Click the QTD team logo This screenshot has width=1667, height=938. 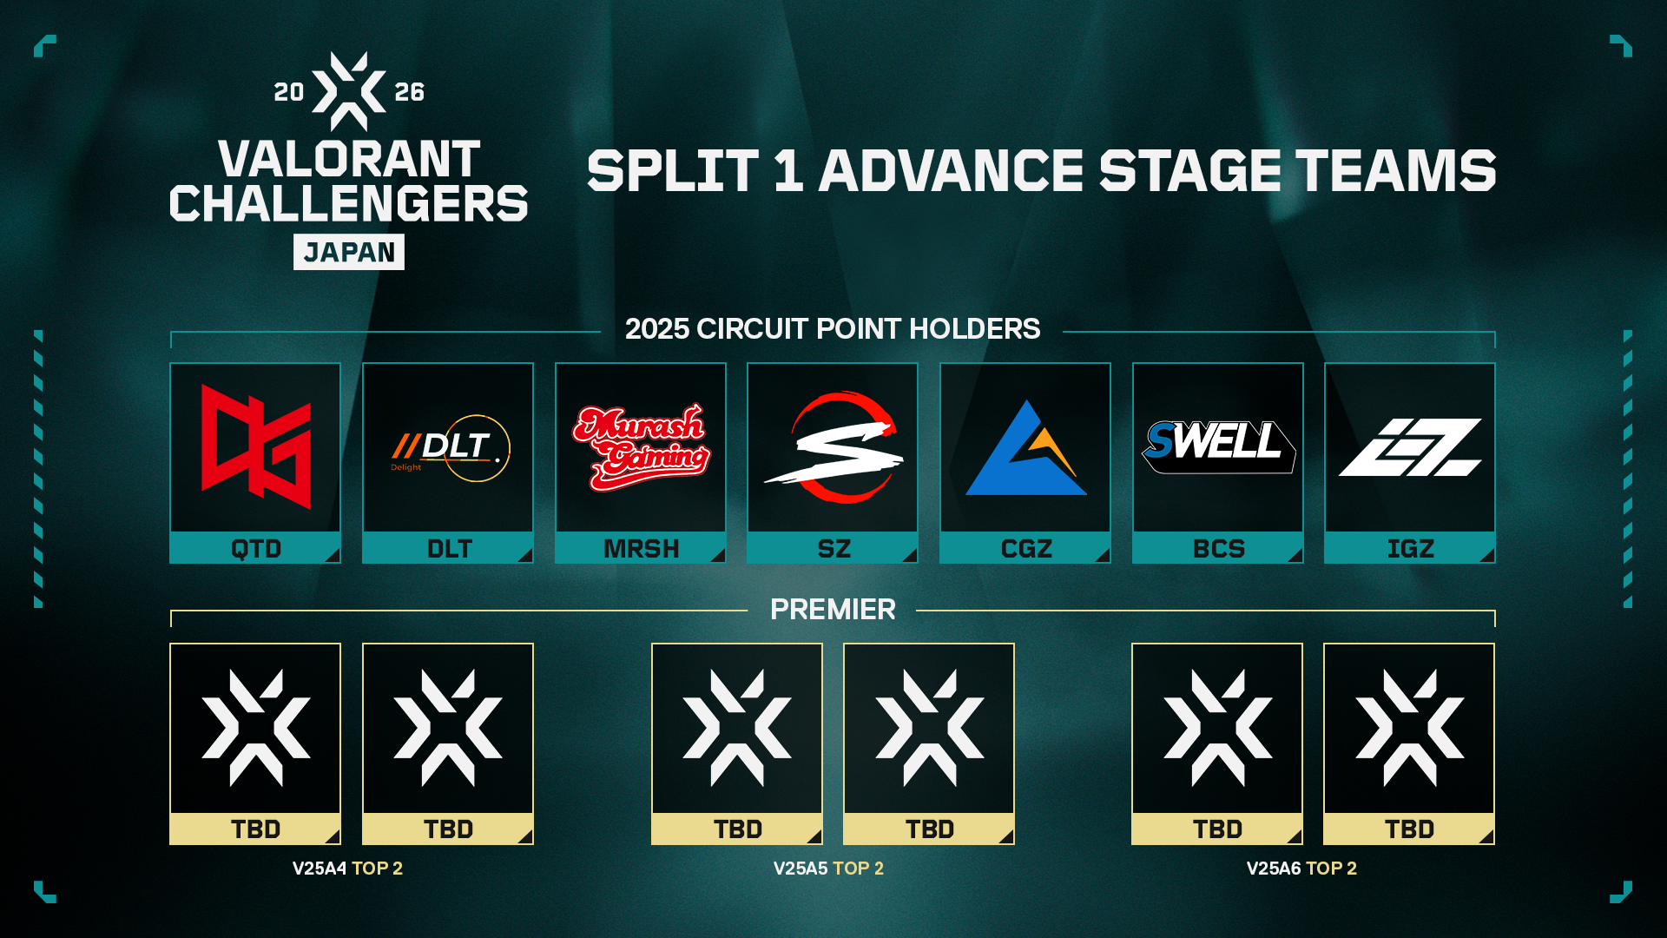256,446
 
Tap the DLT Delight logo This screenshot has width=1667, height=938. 450,448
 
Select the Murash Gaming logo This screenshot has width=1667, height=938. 641,446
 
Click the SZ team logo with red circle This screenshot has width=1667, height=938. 833,447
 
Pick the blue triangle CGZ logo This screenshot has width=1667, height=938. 1025,448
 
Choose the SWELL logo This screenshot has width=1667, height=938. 1218,446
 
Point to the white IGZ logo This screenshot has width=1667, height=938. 1410,447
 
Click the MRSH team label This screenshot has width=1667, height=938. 641,549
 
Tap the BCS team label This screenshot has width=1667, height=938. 1218,549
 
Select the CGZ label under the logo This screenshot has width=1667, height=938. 1026,549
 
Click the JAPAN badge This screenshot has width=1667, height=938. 349,252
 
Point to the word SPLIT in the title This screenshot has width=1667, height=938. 673,170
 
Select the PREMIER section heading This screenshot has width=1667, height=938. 833,610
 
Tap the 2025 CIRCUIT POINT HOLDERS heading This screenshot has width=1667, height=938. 833,329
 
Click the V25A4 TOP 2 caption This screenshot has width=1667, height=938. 347,869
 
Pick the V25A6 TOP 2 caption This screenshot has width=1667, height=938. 1301,869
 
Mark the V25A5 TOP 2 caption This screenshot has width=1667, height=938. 828,869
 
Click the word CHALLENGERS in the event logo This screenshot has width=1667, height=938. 349,203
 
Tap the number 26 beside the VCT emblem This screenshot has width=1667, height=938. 410,92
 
